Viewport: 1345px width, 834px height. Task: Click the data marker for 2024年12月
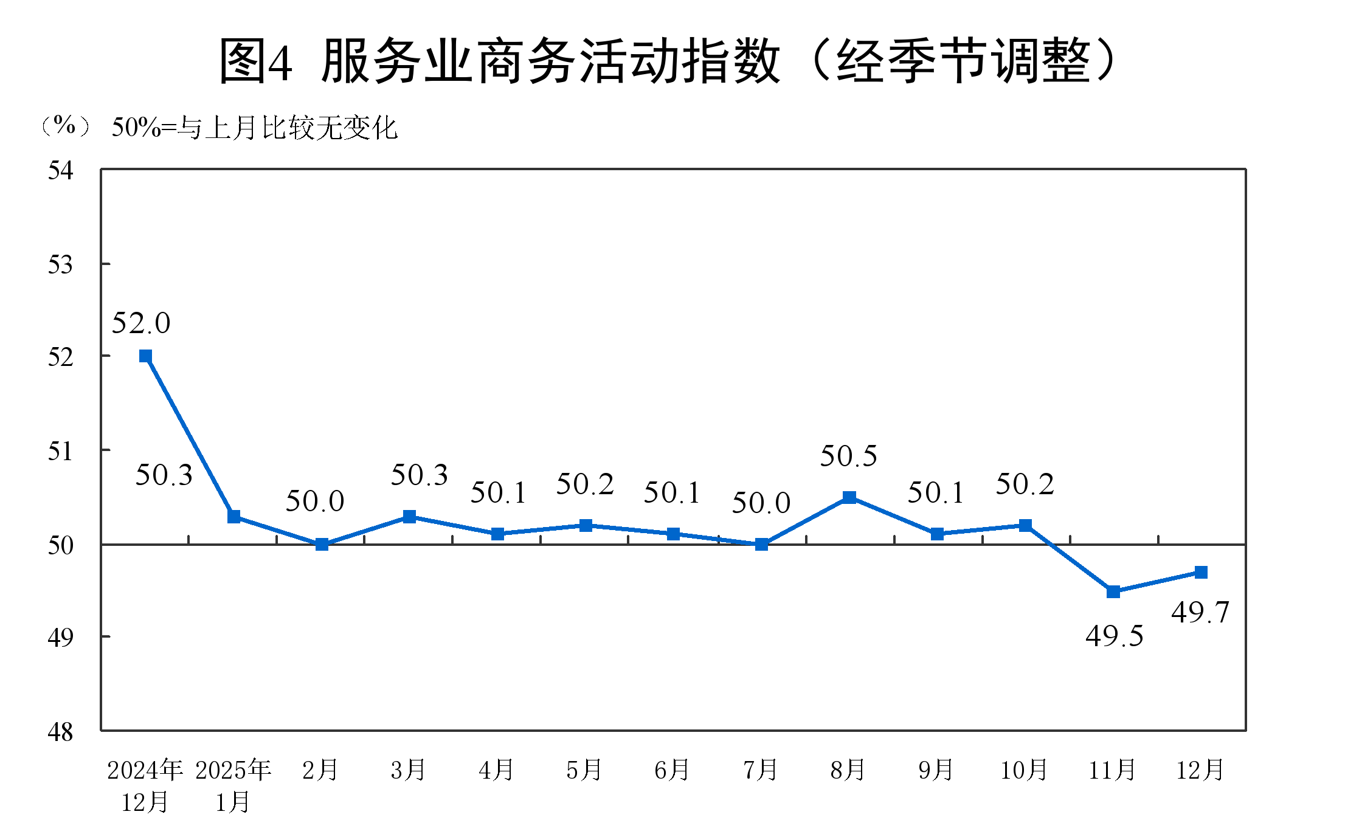coord(145,356)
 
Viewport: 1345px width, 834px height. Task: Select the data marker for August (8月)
coord(849,497)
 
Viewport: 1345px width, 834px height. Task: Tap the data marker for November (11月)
coord(1113,591)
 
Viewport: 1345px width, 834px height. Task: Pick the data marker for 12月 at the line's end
coord(1201,572)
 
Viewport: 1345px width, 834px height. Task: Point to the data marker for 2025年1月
coord(233,516)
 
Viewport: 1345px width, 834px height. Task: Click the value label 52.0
coord(141,323)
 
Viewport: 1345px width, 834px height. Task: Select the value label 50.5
coord(849,456)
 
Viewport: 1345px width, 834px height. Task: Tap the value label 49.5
coord(1115,636)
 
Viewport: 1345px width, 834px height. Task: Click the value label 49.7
coord(1200,612)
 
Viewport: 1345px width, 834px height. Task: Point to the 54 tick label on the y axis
coord(60,171)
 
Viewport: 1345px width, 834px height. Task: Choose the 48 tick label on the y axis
coord(60,732)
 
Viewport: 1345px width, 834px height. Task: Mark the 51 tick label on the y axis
coord(60,452)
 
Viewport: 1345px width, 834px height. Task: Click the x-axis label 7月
coord(761,770)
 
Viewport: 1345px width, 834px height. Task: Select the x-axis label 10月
coord(1025,770)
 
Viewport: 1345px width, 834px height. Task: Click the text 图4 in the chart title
coord(255,61)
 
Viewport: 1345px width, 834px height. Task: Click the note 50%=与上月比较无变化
coord(255,128)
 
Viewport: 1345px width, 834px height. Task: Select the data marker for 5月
coord(586,525)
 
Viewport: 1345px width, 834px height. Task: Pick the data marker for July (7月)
coord(761,544)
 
